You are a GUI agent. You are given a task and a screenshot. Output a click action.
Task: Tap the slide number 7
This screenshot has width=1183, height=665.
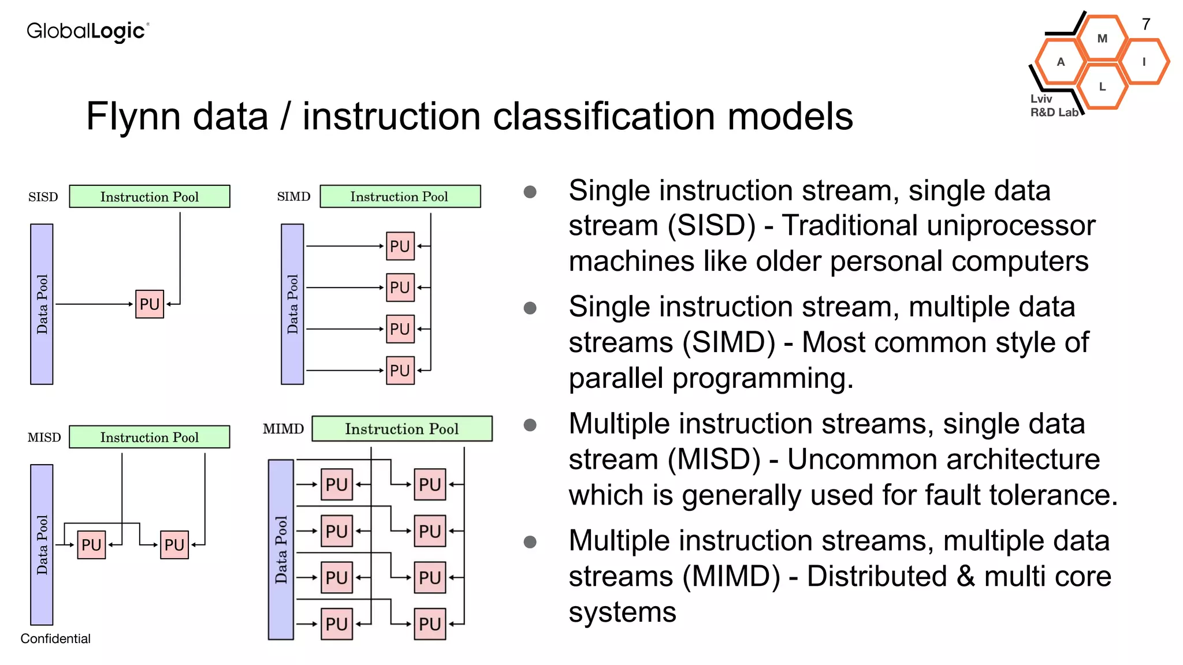tap(1146, 24)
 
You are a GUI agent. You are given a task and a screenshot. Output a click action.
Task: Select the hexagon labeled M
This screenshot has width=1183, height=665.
tap(1102, 39)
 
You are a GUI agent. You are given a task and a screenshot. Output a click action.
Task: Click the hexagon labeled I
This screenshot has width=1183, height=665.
tap(1144, 62)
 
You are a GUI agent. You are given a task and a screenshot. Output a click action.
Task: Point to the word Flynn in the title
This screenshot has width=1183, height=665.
tap(133, 117)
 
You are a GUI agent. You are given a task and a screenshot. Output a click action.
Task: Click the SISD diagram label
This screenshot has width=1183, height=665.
tap(43, 197)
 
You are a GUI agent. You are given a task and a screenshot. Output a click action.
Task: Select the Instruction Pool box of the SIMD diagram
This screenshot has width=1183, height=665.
tap(400, 196)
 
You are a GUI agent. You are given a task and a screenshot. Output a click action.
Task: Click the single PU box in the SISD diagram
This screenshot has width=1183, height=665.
tap(150, 304)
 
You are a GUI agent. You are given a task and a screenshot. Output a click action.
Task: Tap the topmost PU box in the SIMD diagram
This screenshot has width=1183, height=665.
tap(400, 246)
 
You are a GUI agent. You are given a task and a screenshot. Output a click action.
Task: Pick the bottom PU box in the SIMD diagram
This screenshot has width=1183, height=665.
tap(400, 371)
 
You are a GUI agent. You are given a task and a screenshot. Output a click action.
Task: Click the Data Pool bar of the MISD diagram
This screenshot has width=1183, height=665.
tap(42, 544)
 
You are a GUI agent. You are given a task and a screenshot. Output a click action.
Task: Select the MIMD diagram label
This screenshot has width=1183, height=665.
tap(283, 429)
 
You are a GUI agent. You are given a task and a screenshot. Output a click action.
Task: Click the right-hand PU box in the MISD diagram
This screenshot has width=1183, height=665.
tap(174, 545)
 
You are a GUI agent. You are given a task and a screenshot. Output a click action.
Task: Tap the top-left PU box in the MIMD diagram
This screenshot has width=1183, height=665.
tap(336, 484)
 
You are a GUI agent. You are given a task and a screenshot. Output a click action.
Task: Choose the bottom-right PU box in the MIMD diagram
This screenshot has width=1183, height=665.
tap(430, 624)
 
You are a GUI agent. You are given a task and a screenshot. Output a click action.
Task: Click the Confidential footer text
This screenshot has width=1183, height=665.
tap(55, 638)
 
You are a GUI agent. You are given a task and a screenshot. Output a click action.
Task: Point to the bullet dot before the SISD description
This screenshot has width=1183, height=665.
tap(530, 192)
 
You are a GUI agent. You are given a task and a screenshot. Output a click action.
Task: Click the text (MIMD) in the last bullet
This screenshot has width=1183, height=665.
tap(731, 577)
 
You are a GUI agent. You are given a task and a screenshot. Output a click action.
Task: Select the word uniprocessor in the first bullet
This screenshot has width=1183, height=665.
tap(939, 226)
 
